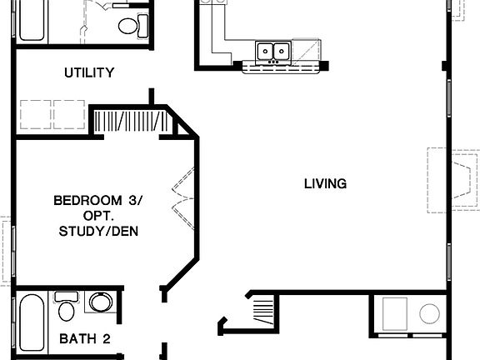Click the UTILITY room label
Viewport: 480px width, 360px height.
[x=89, y=73]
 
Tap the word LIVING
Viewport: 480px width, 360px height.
[x=325, y=183]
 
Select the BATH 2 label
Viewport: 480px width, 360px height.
[x=85, y=338]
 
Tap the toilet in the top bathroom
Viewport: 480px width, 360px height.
[x=129, y=26]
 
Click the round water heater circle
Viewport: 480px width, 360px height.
[x=429, y=314]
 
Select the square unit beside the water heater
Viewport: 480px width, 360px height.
[x=394, y=314]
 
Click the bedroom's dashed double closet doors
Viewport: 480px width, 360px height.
[x=182, y=200]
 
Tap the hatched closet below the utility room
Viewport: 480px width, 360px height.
[x=133, y=122]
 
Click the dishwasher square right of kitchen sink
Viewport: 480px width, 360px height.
[x=307, y=52]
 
